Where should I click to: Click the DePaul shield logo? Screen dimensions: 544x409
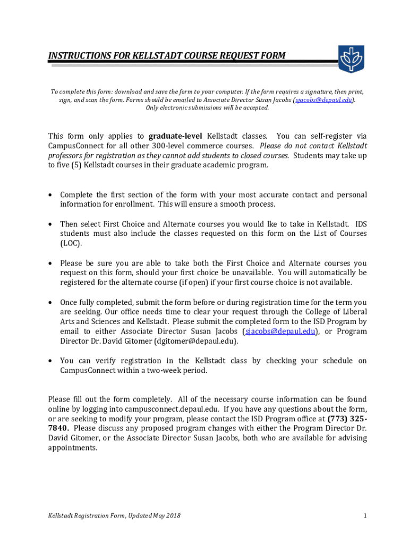[351, 59]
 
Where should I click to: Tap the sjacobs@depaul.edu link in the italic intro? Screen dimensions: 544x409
[325, 99]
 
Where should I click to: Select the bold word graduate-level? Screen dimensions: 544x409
[175, 136]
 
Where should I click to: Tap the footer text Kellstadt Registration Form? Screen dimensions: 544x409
[85, 515]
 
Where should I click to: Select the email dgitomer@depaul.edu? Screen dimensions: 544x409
[192, 341]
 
